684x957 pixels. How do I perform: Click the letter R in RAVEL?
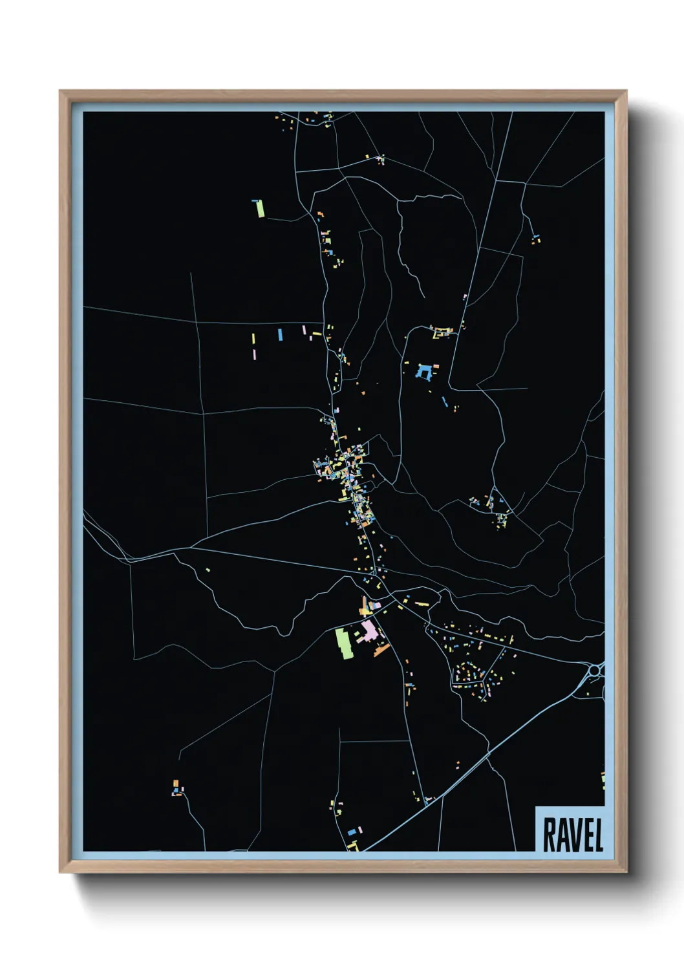(550, 835)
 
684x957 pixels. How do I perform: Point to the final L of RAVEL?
(599, 835)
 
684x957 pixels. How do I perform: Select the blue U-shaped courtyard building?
(424, 372)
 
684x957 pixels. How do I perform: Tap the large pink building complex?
(369, 630)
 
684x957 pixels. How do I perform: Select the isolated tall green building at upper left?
(260, 208)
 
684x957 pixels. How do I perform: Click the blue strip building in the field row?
(280, 334)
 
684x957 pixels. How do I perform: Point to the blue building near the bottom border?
(352, 832)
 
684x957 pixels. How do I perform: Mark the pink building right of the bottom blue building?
(361, 830)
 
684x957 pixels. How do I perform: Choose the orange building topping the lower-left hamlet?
(175, 783)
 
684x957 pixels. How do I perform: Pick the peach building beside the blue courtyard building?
(435, 367)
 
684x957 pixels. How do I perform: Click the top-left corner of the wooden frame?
(60, 91)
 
